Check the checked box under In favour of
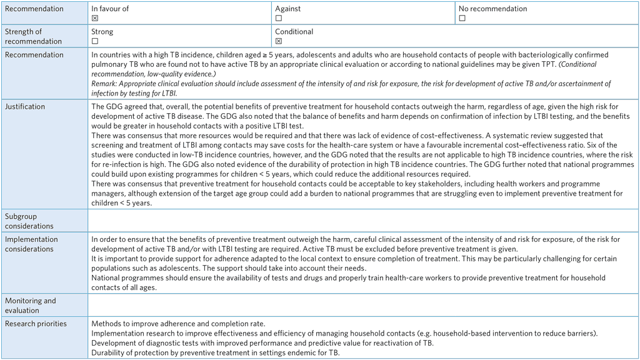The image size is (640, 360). click(95, 19)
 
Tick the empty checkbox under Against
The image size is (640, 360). click(279, 19)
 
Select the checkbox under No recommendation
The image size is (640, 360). click(462, 19)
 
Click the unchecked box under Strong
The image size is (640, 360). click(95, 41)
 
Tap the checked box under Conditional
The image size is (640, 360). click(279, 41)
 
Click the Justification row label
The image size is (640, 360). click(25, 107)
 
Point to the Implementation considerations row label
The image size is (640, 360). click(31, 244)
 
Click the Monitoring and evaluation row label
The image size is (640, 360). click(30, 305)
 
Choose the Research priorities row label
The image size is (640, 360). click(36, 324)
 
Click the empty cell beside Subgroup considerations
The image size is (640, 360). click(362, 221)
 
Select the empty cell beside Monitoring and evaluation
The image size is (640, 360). click(362, 305)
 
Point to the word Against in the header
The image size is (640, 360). click(287, 9)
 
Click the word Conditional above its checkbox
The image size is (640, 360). click(294, 31)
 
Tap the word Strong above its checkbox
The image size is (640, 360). click(102, 31)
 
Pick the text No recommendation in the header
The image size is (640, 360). click(492, 9)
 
